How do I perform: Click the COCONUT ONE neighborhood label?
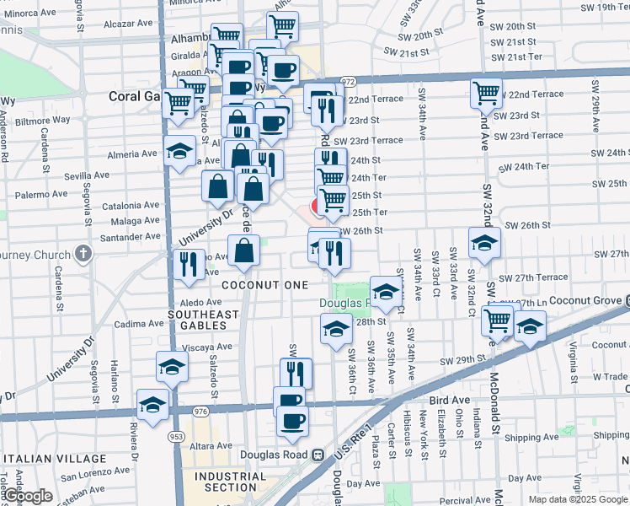click(x=265, y=285)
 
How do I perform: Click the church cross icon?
click(x=83, y=253)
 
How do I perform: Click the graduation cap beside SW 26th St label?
click(x=484, y=243)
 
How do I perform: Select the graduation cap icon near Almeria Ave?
click(x=179, y=151)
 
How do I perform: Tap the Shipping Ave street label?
click(x=532, y=438)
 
